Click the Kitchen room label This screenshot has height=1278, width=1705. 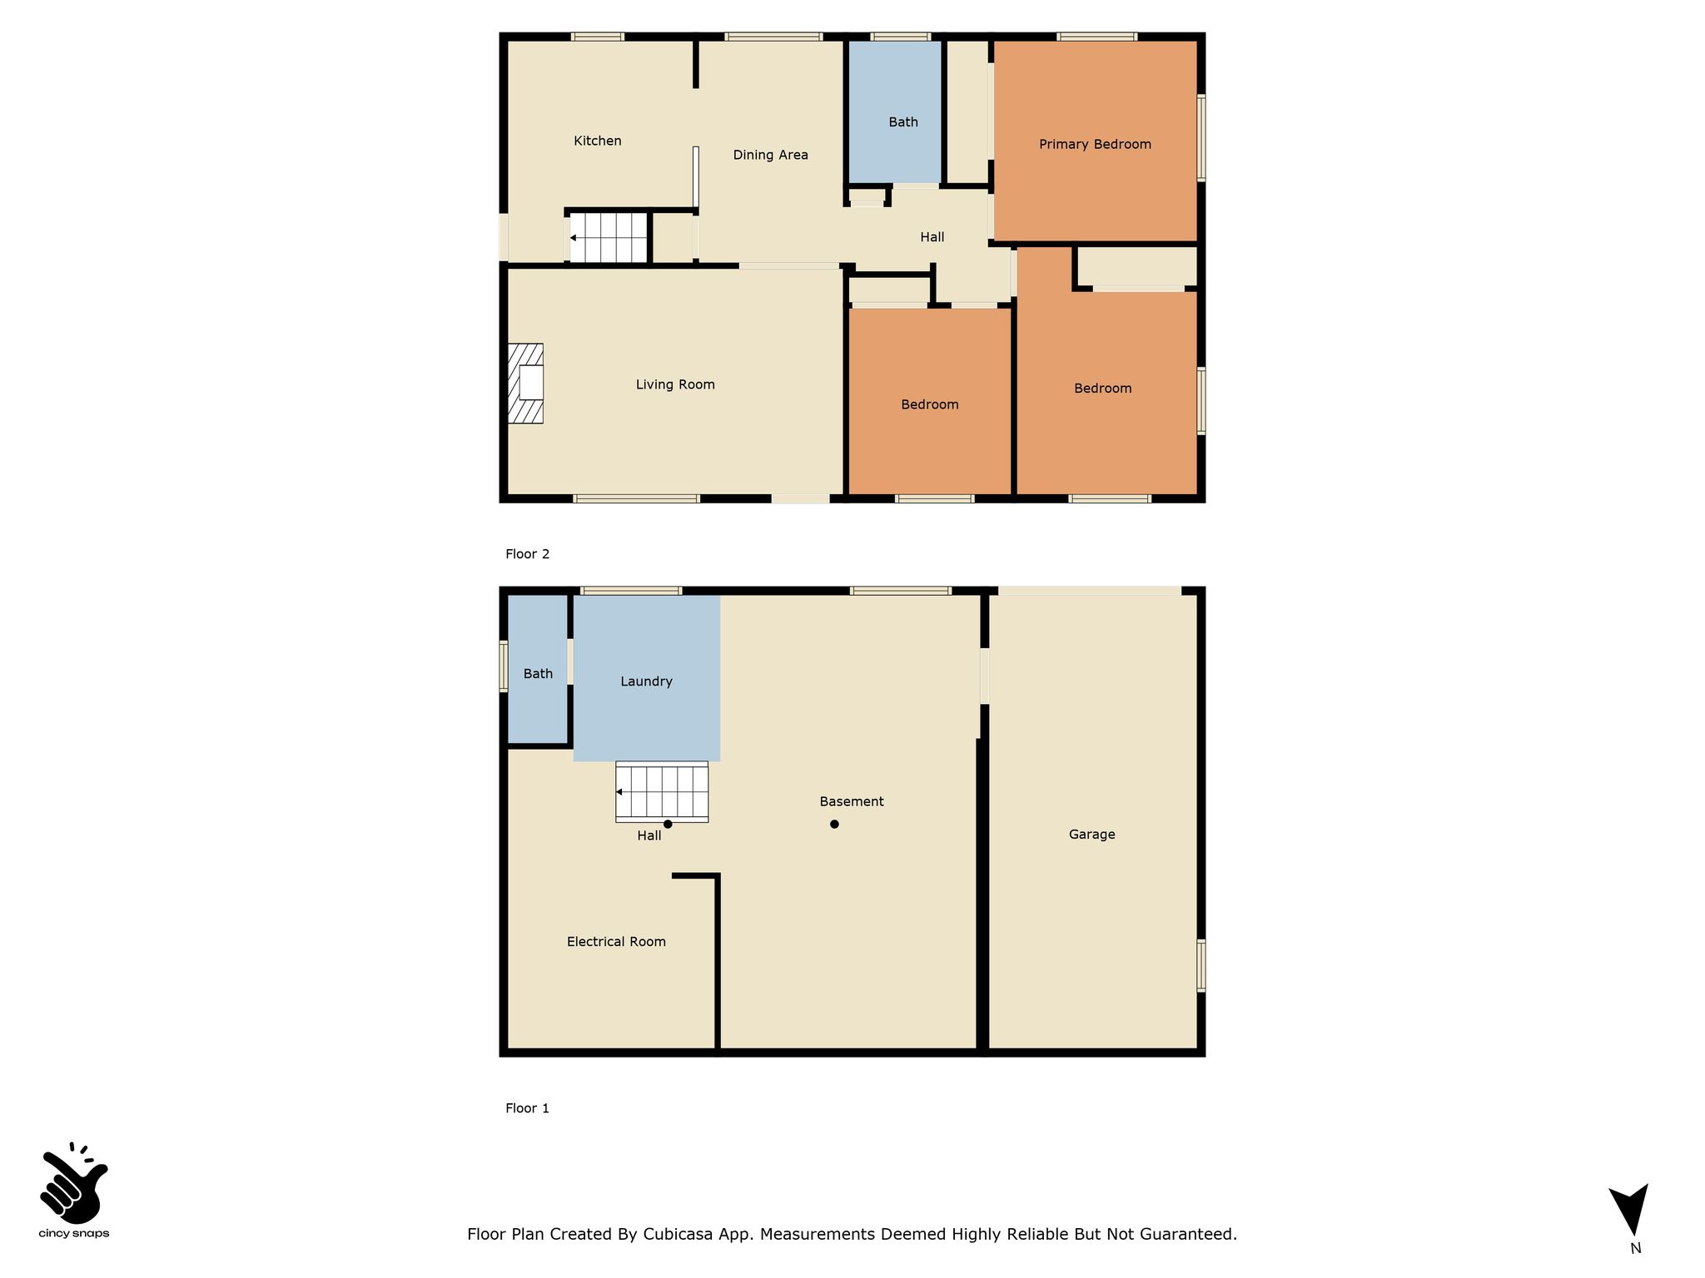point(598,141)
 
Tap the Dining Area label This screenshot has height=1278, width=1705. point(770,155)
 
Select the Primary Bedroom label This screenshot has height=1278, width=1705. point(1095,144)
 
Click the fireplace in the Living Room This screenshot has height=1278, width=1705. point(525,384)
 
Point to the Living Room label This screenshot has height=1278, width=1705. point(675,384)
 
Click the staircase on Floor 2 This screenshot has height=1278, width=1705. point(609,238)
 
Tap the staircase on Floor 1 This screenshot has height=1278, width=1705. point(662,792)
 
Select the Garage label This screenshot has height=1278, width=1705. point(1091,835)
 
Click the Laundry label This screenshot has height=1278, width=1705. point(646,681)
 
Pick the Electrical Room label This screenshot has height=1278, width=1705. point(616,942)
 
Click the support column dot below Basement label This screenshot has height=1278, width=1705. point(834,825)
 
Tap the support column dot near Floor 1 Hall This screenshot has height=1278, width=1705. point(668,825)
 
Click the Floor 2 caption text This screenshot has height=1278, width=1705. point(527,554)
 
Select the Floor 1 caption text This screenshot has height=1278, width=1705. point(527,1108)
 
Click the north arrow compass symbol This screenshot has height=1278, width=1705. point(1630,1211)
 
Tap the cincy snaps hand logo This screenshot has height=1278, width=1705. point(73,1183)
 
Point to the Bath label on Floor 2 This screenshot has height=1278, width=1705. point(903,122)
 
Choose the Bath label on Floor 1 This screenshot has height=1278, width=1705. point(538,674)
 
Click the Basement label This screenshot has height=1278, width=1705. point(852,802)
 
